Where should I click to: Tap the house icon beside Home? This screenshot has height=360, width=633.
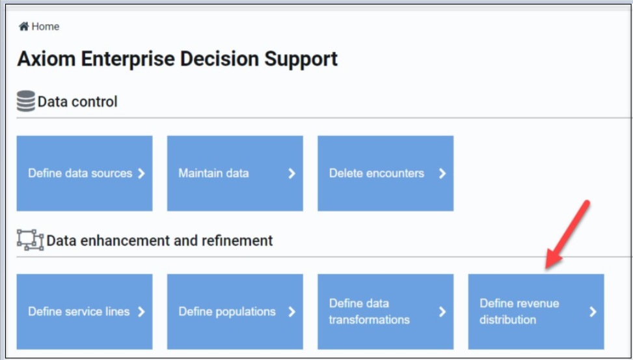tap(24, 27)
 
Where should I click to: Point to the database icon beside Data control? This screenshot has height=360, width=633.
tap(26, 101)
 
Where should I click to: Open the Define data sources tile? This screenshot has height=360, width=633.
tap(85, 173)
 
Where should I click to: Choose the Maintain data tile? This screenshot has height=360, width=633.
tap(235, 173)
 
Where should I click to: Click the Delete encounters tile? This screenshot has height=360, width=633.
tap(386, 173)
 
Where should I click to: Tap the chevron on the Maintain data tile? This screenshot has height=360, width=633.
tap(291, 174)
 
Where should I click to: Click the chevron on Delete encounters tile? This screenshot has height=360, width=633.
tap(442, 174)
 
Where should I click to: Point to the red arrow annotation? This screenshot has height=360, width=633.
tap(567, 235)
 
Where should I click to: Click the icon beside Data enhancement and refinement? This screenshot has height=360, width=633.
tap(31, 240)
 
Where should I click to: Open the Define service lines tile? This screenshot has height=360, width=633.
tap(85, 312)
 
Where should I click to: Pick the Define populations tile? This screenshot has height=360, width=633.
tap(235, 312)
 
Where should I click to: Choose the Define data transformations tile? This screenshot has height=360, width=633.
tap(386, 312)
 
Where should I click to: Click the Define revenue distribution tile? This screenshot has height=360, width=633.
tap(536, 312)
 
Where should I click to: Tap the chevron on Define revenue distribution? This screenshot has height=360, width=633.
tap(593, 312)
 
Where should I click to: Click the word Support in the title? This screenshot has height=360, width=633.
tap(301, 60)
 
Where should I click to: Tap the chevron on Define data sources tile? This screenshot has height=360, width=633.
tap(141, 174)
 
